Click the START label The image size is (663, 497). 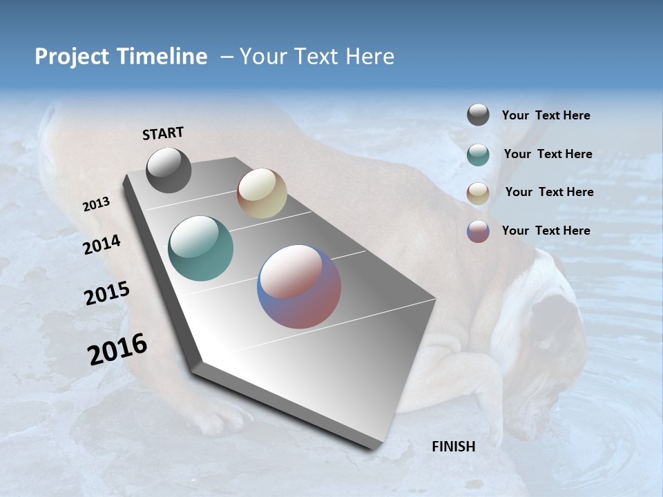(x=163, y=133)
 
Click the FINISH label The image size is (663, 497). (x=454, y=447)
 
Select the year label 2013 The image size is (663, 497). (x=97, y=204)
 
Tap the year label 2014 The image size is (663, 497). (x=102, y=244)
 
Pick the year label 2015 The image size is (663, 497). (x=107, y=293)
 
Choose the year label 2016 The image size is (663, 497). (x=117, y=349)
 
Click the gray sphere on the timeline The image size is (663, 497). (x=169, y=170)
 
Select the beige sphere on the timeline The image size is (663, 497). (x=262, y=193)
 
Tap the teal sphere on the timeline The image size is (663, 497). (x=201, y=248)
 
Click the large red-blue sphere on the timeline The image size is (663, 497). (x=299, y=286)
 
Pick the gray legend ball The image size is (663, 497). (x=478, y=115)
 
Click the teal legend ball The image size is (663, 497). (x=478, y=155)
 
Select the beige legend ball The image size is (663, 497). (x=478, y=193)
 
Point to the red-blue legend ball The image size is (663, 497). (x=478, y=231)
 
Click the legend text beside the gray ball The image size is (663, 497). (x=546, y=115)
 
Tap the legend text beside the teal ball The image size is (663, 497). (x=548, y=154)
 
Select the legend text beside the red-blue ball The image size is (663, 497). (x=546, y=231)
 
